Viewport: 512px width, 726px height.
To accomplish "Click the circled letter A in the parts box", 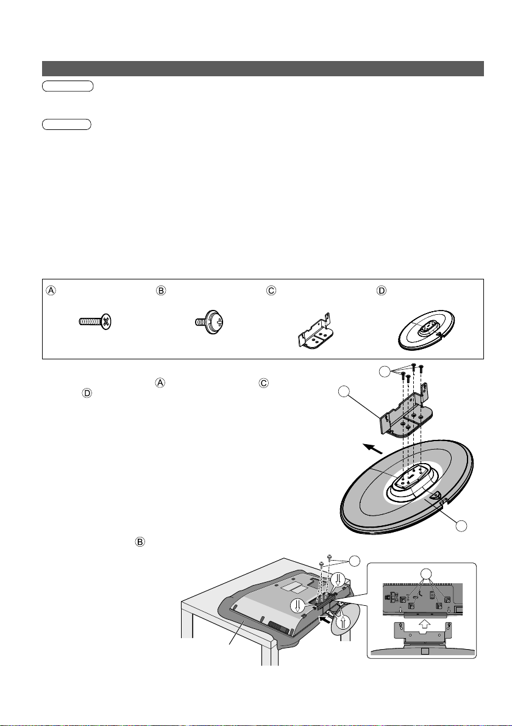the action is [51, 291].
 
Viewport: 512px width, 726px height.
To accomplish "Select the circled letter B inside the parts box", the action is [161, 291].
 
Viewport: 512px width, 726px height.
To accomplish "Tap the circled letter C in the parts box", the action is [271, 291].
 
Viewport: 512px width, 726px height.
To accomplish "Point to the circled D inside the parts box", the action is [382, 291].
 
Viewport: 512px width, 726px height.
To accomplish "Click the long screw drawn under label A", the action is [96, 322].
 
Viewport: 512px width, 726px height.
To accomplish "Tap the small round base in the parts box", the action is [427, 330].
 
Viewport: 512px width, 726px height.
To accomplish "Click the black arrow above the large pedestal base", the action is [372, 448].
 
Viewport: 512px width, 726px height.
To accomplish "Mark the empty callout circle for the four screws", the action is [385, 372].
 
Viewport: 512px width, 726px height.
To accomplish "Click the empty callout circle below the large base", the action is [461, 526].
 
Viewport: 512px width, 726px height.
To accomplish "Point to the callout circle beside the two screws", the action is [354, 560].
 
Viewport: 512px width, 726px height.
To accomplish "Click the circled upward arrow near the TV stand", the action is [343, 623].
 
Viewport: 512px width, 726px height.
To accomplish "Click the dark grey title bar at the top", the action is [263, 68].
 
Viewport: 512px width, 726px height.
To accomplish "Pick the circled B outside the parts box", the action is [140, 541].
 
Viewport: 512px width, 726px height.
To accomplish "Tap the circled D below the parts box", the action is [87, 393].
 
